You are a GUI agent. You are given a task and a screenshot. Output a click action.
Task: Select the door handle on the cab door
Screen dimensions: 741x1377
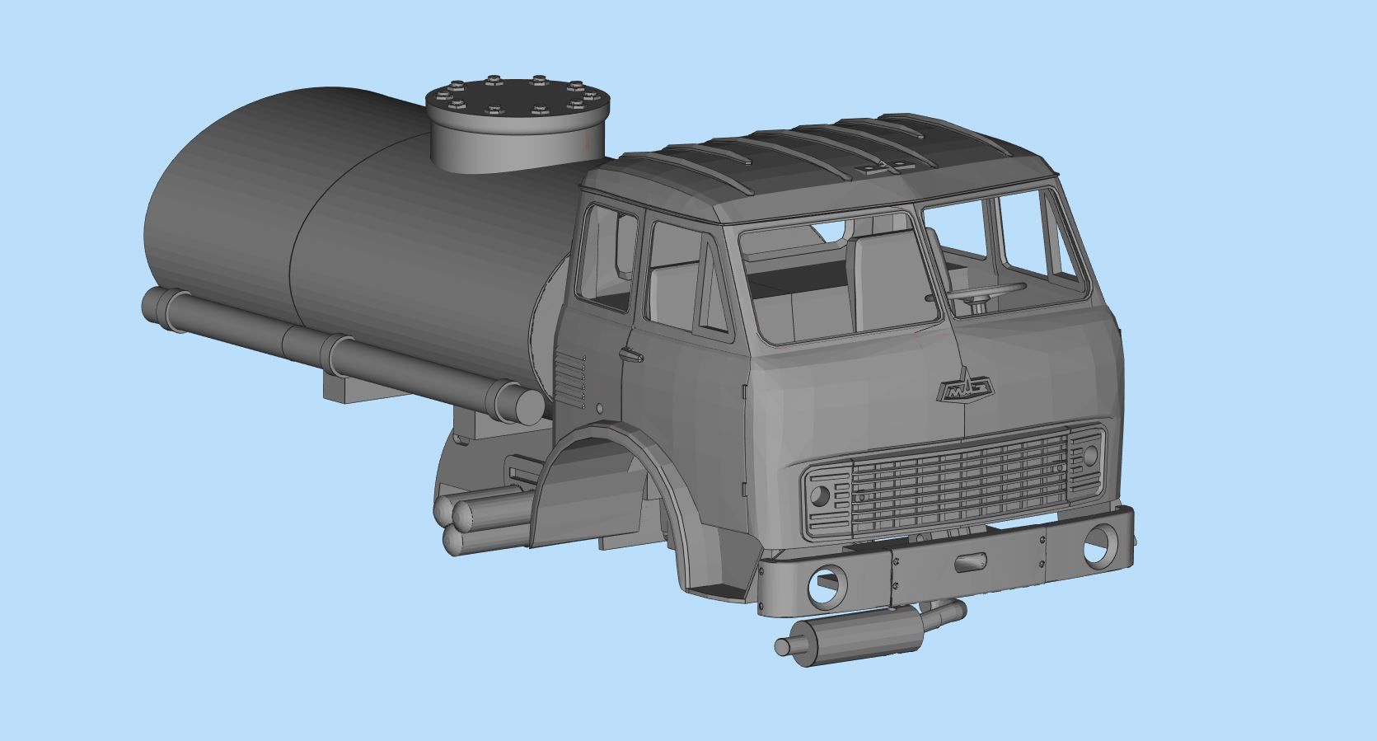[632, 355]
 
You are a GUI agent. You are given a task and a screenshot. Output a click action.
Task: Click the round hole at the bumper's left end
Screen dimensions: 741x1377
[827, 584]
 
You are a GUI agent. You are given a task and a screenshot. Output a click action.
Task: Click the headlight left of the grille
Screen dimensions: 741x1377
[821, 496]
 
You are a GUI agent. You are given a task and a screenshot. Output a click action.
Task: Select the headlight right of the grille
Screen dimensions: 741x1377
[1090, 454]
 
